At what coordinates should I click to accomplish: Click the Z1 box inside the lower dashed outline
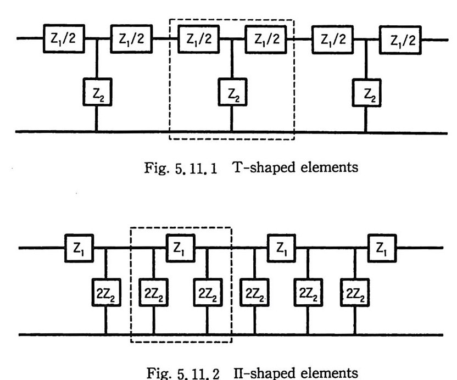click(x=180, y=248)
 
